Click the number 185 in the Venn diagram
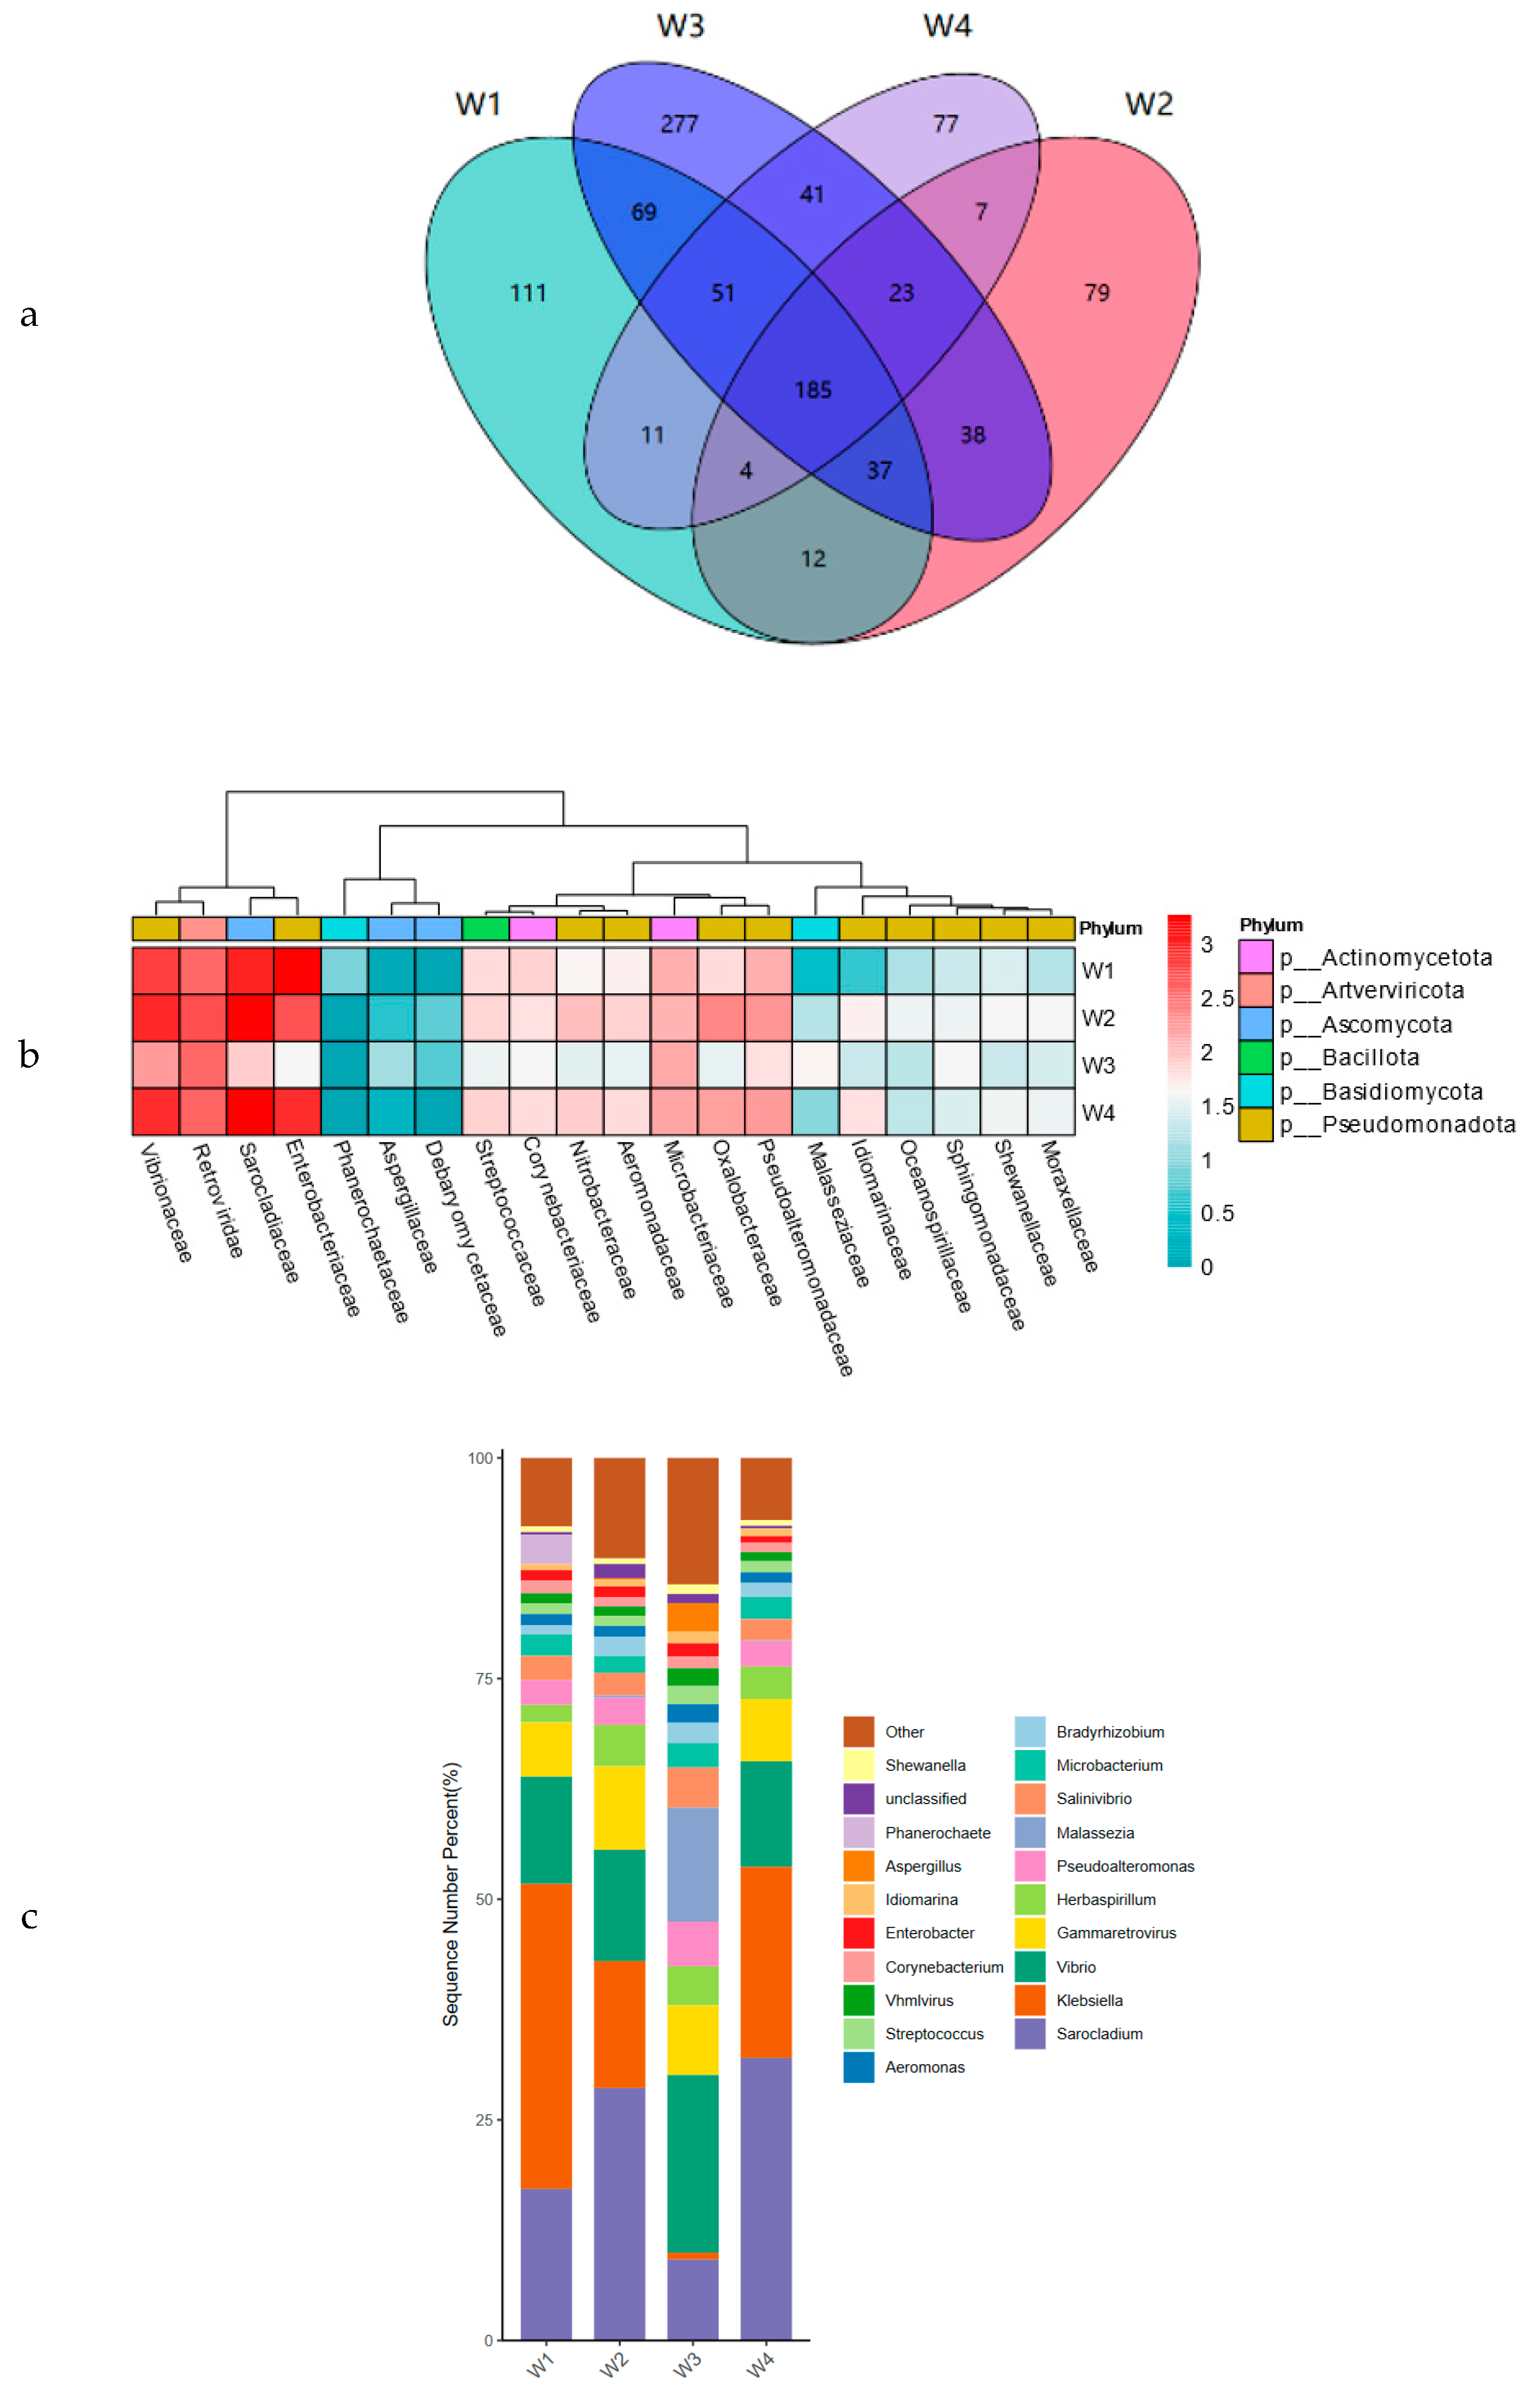(x=813, y=390)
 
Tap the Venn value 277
(x=680, y=124)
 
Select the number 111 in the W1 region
(x=528, y=293)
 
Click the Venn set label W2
(x=1148, y=104)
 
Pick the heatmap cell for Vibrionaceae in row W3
(x=156, y=1065)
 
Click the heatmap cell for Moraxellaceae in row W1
(x=1051, y=971)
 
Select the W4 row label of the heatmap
(x=1098, y=1112)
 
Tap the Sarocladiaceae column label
(x=268, y=1212)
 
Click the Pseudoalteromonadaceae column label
(x=805, y=1256)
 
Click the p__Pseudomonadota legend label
(x=1418, y=1124)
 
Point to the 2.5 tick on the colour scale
(x=1216, y=998)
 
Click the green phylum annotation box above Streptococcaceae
(x=486, y=929)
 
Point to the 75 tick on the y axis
(x=484, y=1678)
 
